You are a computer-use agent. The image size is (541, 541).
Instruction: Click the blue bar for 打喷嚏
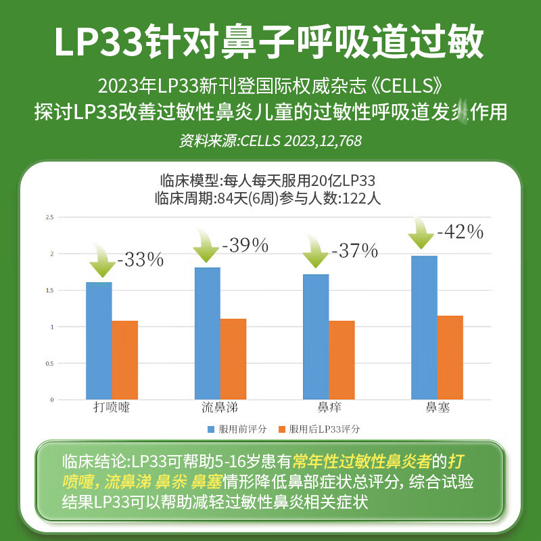tap(99, 340)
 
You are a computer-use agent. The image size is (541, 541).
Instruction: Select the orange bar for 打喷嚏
tap(124, 360)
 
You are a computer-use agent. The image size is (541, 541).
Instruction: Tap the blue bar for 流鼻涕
tap(207, 333)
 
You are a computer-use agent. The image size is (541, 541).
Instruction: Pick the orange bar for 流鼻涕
tap(233, 358)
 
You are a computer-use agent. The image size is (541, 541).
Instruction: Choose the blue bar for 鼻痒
tap(315, 336)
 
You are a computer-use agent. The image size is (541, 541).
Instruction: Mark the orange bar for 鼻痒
tap(342, 360)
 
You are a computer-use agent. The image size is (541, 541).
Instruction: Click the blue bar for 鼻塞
tap(424, 327)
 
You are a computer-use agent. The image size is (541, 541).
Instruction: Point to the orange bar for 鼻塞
tap(450, 357)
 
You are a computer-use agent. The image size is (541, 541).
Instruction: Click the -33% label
tap(141, 259)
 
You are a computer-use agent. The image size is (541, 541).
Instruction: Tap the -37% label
tap(354, 251)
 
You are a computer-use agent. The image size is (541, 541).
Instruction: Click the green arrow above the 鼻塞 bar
tap(422, 235)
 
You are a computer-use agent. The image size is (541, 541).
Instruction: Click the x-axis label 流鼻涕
tap(220, 408)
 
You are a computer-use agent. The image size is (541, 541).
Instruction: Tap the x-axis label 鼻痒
tap(329, 408)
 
